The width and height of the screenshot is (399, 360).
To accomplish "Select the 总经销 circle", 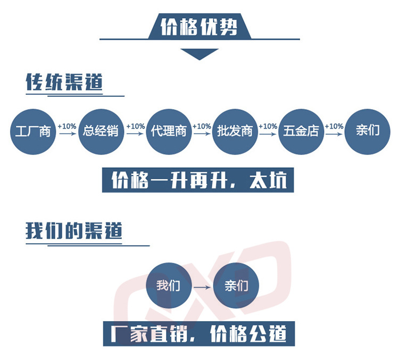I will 101,131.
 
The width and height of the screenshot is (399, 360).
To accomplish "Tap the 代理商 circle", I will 168,131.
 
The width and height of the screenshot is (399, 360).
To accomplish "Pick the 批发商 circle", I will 235,131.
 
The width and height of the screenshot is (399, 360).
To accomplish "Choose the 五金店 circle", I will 302,131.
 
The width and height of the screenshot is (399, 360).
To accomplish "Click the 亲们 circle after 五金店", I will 368,131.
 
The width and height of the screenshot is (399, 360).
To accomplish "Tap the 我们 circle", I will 169,286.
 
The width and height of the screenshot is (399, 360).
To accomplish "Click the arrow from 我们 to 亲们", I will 202,288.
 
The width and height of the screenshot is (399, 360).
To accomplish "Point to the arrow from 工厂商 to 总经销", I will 67,134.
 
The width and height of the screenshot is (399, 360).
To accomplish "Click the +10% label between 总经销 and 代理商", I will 135,126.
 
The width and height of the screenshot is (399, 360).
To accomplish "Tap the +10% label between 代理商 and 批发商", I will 202,126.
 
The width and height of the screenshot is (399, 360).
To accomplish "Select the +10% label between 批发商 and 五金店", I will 268,126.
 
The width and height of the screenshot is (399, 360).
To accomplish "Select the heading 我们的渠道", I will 74,231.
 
